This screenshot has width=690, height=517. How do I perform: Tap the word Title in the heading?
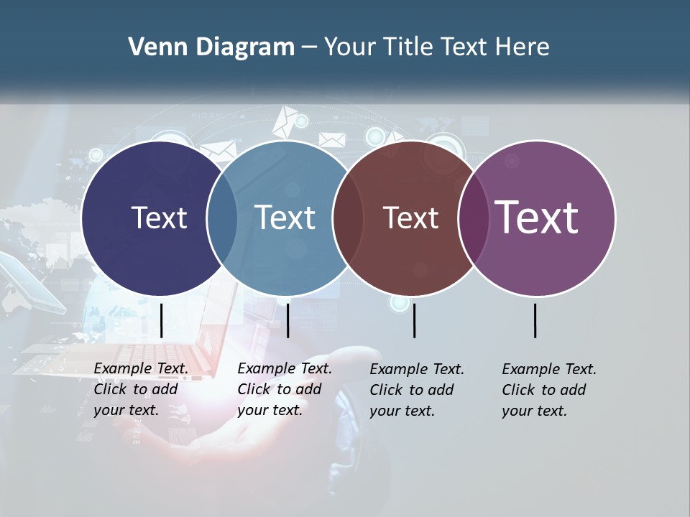[407, 47]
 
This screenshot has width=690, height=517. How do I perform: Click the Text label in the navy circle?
[159, 218]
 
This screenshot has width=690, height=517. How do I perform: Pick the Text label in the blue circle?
[285, 218]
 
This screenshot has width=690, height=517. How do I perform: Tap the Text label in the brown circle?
[410, 218]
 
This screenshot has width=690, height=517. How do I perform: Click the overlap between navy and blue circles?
[222, 218]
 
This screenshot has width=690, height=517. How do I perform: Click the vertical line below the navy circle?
[162, 320]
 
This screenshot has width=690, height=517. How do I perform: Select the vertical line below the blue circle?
[287, 320]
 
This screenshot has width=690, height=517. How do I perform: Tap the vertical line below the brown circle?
[414, 320]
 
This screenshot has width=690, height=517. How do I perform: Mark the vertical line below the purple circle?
[535, 320]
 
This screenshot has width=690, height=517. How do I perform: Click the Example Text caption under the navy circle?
[141, 389]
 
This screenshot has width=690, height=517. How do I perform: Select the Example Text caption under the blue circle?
[285, 389]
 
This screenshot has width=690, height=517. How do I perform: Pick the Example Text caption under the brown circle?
[417, 390]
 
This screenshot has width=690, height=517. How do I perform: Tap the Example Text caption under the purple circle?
[549, 390]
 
